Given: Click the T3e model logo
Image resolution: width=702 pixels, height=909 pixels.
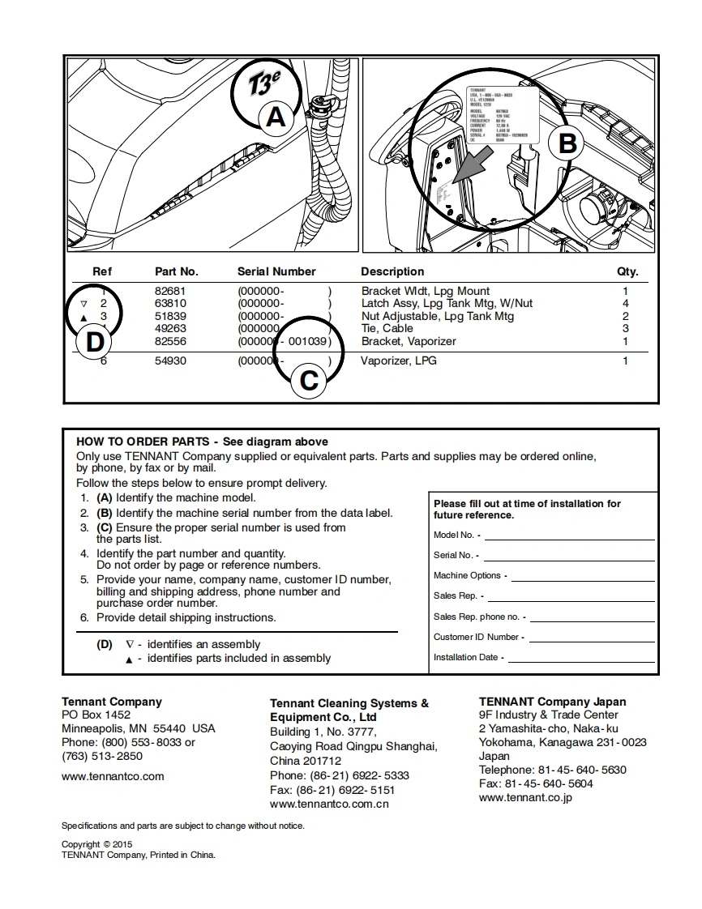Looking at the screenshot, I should click(x=268, y=83).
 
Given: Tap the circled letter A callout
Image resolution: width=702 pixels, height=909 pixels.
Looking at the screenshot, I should click(x=276, y=117).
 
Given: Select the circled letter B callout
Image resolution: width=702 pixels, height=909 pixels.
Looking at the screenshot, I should click(x=567, y=143).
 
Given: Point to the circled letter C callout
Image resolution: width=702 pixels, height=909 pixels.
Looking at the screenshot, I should click(x=309, y=380).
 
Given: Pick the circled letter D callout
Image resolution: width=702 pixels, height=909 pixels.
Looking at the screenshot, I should click(x=95, y=342).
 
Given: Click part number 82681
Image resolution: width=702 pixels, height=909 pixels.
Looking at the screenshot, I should click(x=170, y=291).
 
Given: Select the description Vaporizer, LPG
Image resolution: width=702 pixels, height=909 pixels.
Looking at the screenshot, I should click(x=398, y=361).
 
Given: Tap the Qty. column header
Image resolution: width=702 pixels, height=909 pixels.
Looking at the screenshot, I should click(x=627, y=271).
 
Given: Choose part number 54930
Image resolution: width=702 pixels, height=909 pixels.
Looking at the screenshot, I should click(x=170, y=361).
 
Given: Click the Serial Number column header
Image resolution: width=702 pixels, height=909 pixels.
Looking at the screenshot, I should click(x=276, y=271).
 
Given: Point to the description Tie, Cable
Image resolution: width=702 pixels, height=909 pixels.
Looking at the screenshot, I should click(x=387, y=328).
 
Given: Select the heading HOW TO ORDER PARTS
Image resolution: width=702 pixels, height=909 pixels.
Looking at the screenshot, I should click(x=143, y=442).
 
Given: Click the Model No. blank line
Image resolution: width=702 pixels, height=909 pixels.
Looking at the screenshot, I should click(x=569, y=536).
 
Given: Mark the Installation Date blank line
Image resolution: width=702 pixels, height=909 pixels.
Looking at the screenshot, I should click(x=580, y=658).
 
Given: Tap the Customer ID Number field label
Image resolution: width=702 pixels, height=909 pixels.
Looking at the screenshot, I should click(x=476, y=637).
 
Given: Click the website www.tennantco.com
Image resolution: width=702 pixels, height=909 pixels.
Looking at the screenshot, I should click(x=113, y=776).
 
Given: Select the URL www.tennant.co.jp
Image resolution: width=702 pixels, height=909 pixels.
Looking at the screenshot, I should click(x=525, y=797).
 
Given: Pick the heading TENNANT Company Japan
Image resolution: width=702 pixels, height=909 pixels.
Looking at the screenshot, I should click(x=552, y=702).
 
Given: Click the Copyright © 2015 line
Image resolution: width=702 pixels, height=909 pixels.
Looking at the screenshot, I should click(x=96, y=844).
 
